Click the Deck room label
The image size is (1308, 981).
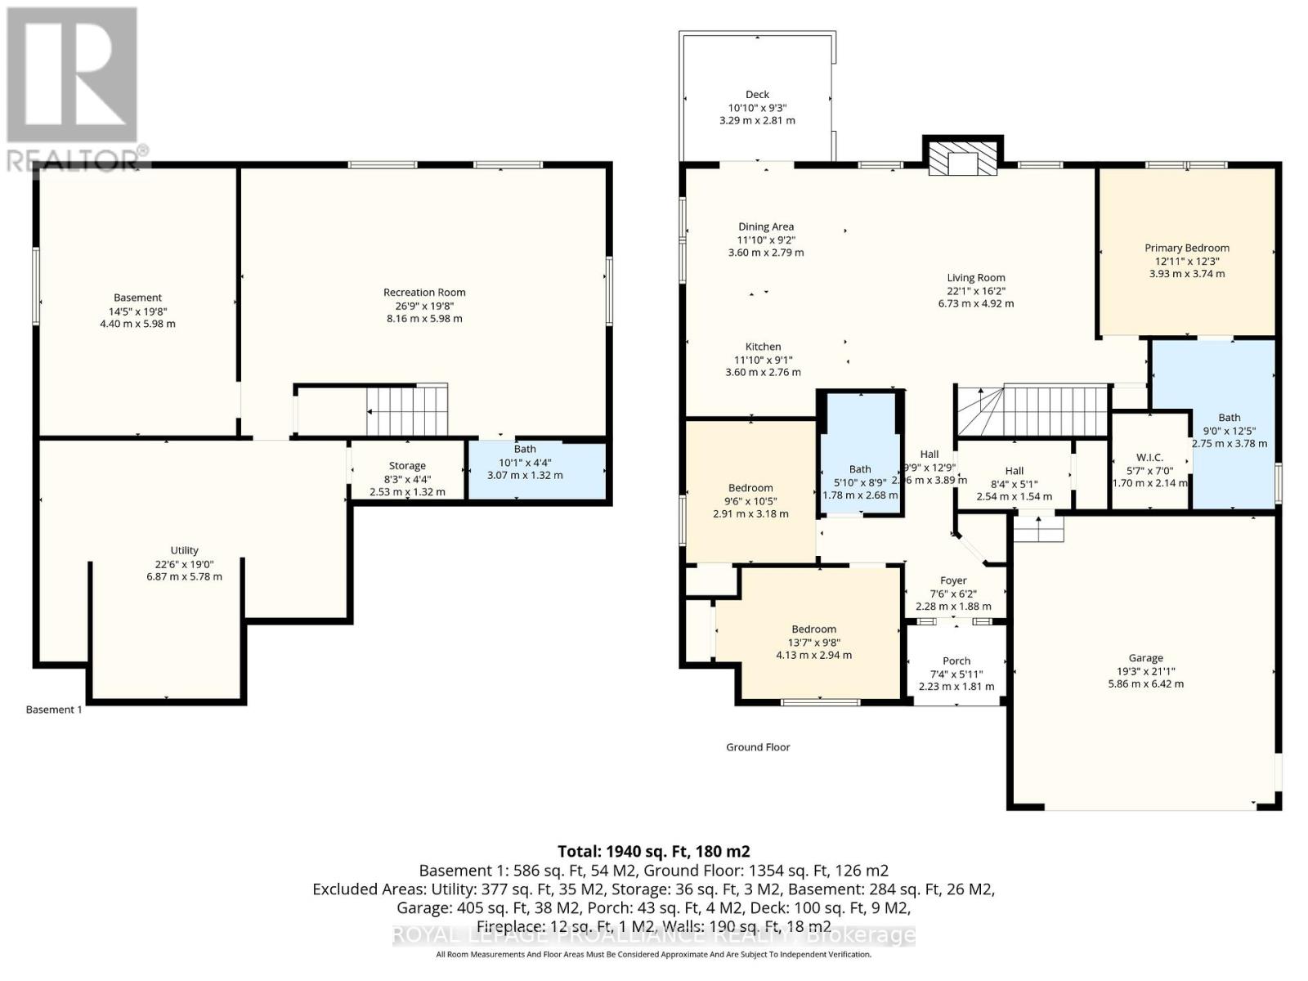757,95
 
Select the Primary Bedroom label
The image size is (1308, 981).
1186,248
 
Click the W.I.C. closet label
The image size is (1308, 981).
1149,457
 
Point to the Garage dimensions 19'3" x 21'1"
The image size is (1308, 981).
1145,671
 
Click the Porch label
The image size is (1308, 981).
956,661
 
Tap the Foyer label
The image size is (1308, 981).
953,580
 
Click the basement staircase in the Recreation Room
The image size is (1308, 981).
406,410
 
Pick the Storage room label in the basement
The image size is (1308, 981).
407,465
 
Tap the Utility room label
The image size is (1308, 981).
184,550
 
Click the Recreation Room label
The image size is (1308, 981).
424,292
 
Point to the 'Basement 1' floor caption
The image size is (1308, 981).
54,710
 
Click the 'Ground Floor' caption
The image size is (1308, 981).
758,747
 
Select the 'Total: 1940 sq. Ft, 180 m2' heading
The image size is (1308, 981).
653,851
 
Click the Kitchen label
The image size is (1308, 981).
763,347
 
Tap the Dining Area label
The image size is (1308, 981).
765,226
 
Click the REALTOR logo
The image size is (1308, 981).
74,90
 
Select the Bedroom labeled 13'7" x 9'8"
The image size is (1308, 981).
813,642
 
